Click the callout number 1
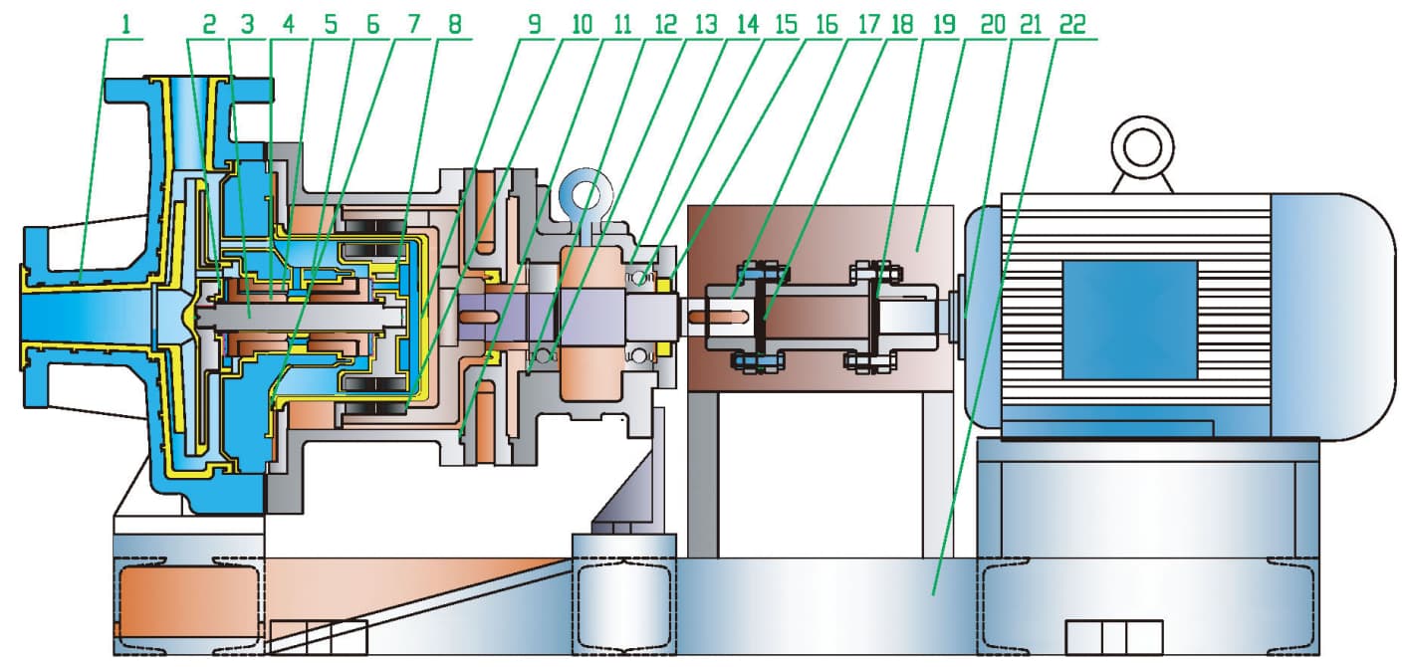point(125,24)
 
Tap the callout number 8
point(455,24)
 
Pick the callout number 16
point(826,24)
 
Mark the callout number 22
point(1072,24)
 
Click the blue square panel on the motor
point(1129,320)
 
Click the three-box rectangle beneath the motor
point(1113,636)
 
